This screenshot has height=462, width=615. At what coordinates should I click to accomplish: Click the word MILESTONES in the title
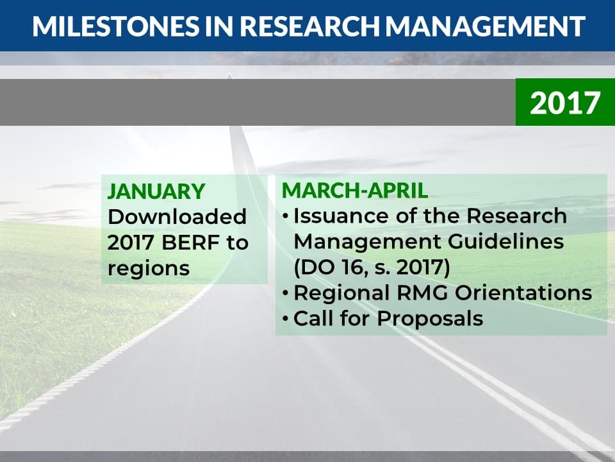(116, 27)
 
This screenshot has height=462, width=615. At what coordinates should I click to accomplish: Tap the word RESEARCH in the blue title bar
(310, 27)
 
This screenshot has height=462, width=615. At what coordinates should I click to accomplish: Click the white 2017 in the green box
(565, 103)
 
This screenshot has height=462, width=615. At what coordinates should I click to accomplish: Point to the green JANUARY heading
(156, 191)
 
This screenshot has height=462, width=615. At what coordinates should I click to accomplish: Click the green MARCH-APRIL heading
(354, 191)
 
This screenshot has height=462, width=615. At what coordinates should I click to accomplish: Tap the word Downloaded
(177, 217)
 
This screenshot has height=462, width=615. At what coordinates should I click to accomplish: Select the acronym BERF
(191, 243)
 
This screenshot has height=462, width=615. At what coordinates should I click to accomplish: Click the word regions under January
(148, 269)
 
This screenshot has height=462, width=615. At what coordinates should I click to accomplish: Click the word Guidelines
(505, 241)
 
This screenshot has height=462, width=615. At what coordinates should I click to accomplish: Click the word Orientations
(523, 293)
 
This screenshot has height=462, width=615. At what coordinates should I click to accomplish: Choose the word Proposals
(430, 319)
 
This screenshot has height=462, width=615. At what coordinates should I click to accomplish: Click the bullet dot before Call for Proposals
(286, 319)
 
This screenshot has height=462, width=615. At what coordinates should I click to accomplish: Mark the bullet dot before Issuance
(286, 216)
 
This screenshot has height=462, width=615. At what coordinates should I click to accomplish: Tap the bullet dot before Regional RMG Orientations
(286, 293)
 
